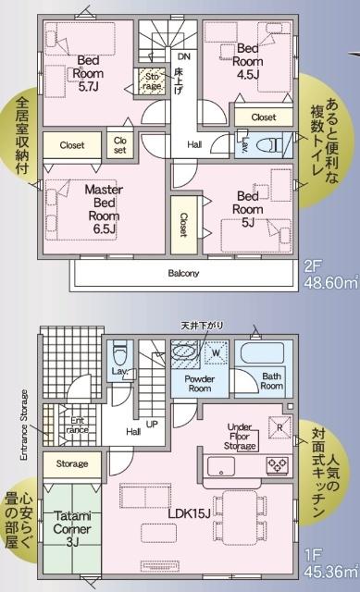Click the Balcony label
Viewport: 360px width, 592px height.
(183, 274)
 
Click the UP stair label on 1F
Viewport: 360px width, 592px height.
(153, 424)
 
